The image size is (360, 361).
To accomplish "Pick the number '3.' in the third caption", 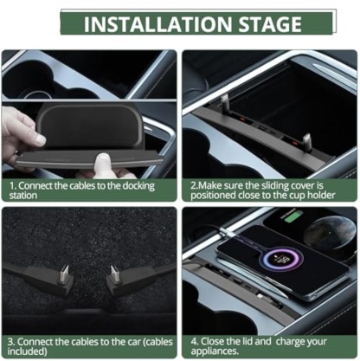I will point(10,339).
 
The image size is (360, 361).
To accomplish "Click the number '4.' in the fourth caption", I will point(195,339).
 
